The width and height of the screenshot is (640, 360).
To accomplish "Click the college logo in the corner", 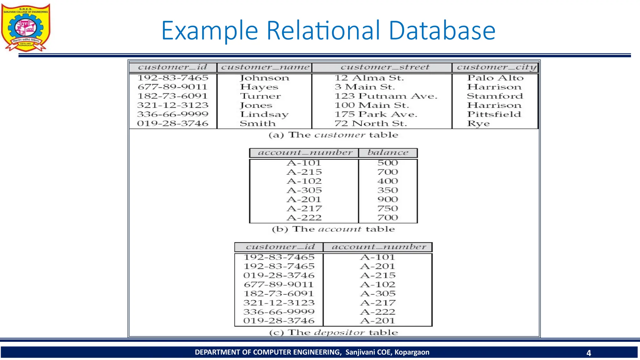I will coord(26,27).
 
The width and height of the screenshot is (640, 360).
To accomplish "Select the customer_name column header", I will coord(265,67).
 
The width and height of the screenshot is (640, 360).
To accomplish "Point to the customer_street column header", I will coord(385,67).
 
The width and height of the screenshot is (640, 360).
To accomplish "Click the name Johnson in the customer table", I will coord(264,78).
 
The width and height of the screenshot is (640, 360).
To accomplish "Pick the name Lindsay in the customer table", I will coord(264,114).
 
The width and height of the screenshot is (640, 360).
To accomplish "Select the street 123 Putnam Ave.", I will coord(386,96).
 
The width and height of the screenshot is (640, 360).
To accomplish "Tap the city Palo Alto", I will coord(495,78).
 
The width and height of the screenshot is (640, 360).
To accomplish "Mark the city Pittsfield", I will coord(494,114).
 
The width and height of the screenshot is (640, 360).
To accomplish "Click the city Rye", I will coord(478,123).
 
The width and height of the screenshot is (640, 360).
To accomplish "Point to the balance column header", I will coord(388,153).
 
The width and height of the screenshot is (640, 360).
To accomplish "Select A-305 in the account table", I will coord(304,190).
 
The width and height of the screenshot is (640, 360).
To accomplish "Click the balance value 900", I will coord(387,199).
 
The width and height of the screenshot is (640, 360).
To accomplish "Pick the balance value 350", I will coord(387,190).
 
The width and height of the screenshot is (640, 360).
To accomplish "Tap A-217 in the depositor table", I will coord(377,303).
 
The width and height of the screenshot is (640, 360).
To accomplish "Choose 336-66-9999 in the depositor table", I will coord(279,312).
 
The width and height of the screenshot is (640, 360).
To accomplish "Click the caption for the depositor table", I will coord(333,332).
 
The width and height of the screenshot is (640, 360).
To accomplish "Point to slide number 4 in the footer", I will coord(589,353).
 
